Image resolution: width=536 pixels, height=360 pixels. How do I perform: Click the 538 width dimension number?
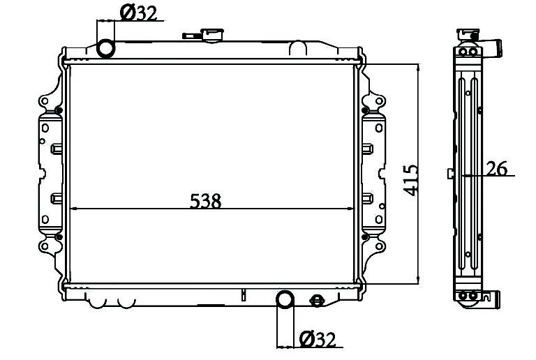(205, 201)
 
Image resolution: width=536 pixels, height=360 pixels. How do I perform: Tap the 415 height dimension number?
(410, 180)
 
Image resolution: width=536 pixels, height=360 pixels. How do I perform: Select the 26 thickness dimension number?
(497, 168)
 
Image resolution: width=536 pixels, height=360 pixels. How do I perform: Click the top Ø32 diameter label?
(138, 13)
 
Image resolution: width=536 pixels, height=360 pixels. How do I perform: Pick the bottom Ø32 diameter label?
(318, 339)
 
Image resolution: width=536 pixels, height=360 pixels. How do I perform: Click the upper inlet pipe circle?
(105, 48)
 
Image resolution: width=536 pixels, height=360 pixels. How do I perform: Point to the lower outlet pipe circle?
(285, 299)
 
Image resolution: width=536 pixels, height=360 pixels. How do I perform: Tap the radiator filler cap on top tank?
(213, 35)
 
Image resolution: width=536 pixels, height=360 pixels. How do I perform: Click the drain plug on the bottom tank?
(317, 301)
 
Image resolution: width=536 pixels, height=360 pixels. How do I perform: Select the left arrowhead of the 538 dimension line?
(73, 209)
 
